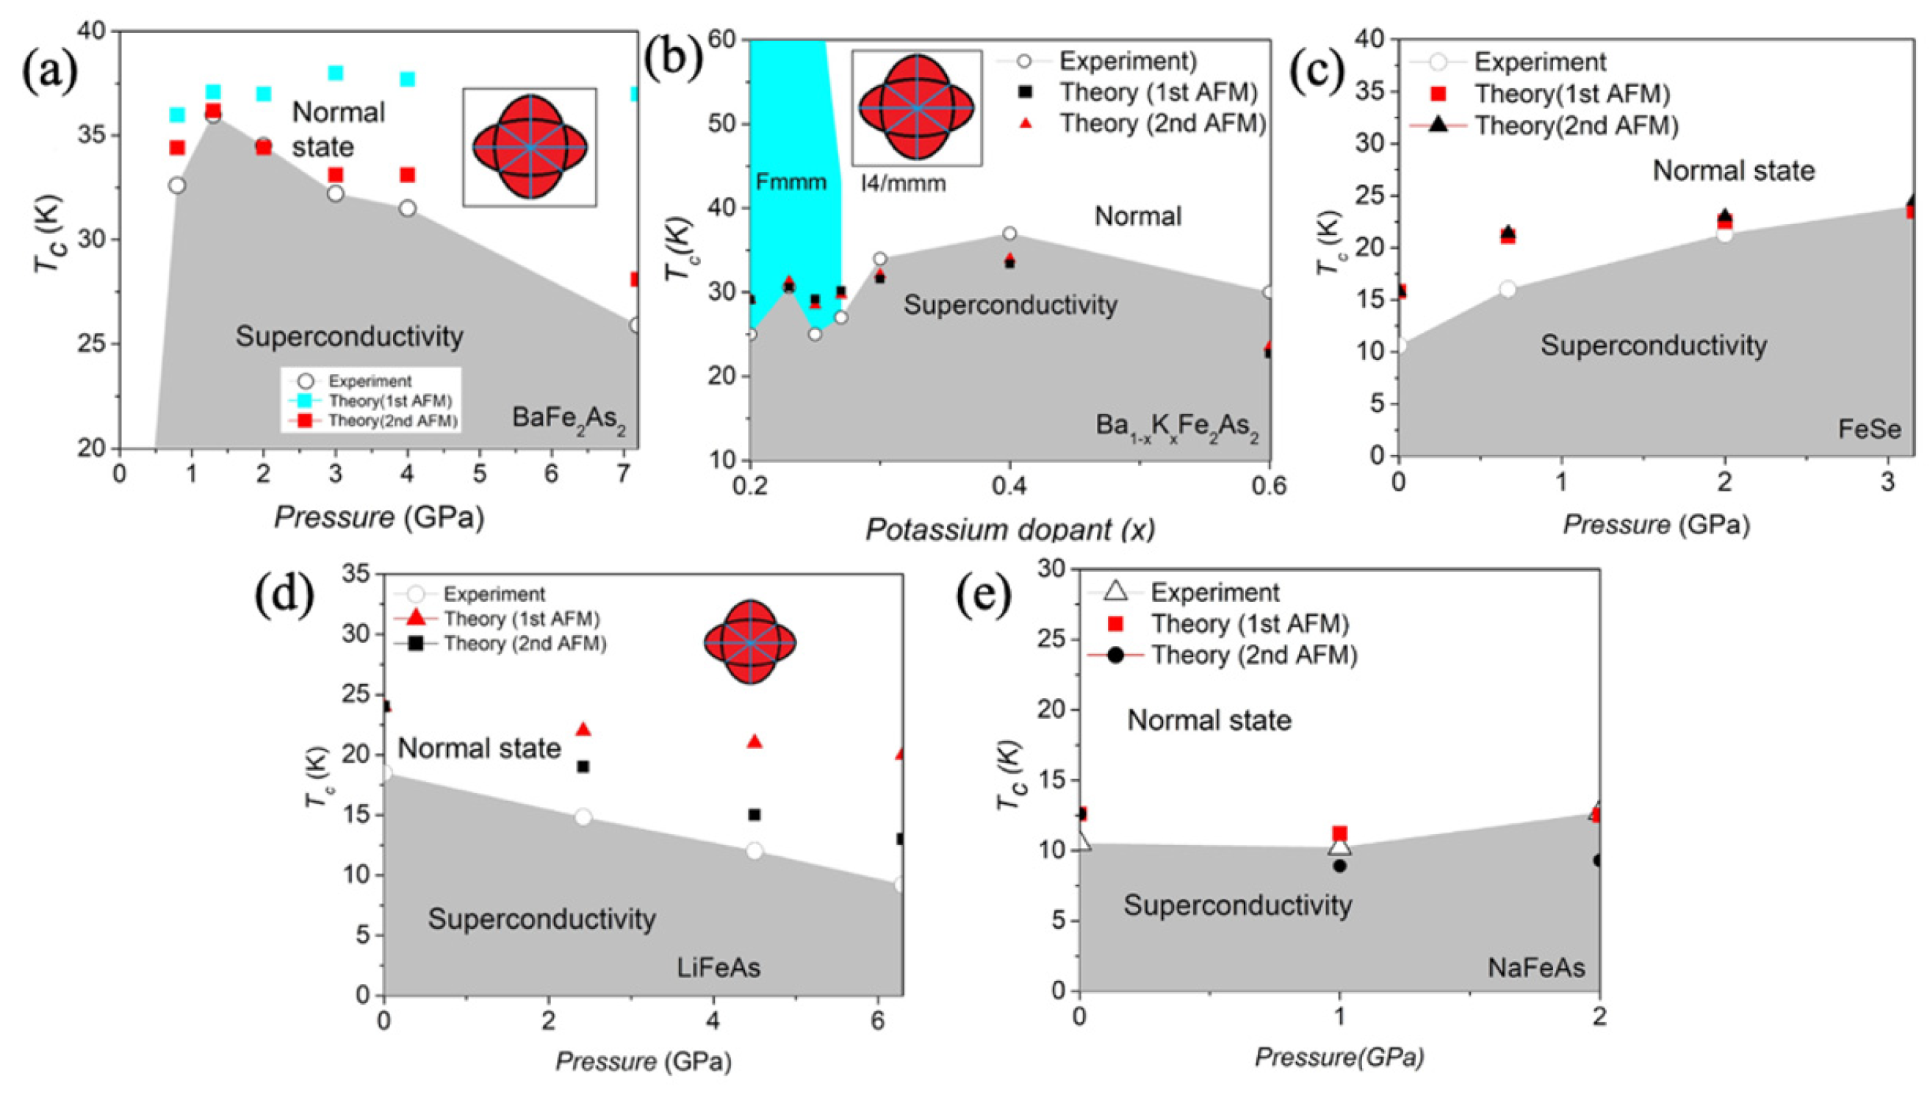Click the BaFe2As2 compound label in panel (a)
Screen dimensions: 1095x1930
(569, 418)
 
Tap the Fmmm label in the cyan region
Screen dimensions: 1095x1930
(791, 182)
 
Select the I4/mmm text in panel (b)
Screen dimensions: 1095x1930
(903, 183)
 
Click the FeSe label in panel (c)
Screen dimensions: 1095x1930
(1869, 429)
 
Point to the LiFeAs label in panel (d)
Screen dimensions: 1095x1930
(718, 967)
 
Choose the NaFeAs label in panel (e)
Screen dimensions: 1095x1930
(1536, 967)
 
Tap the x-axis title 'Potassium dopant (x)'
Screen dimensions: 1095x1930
(1009, 529)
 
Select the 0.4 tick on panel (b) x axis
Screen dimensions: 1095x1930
(1009, 486)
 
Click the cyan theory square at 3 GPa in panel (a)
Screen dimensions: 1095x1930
(335, 73)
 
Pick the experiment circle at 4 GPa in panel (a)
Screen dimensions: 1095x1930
(408, 208)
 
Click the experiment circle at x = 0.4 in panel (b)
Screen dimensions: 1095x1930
(1009, 234)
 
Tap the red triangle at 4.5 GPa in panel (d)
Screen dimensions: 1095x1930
(755, 742)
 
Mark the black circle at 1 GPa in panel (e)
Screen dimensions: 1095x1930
(1339, 866)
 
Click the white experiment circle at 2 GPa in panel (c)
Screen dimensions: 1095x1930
(1725, 234)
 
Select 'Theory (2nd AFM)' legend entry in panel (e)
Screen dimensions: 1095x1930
(1253, 655)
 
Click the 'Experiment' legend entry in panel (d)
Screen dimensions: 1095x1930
(493, 594)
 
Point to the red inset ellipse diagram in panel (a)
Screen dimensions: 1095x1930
(530, 147)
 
